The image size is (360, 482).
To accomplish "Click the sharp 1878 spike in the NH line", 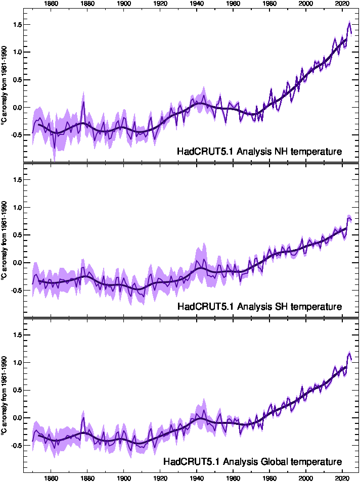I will coord(83,103).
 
